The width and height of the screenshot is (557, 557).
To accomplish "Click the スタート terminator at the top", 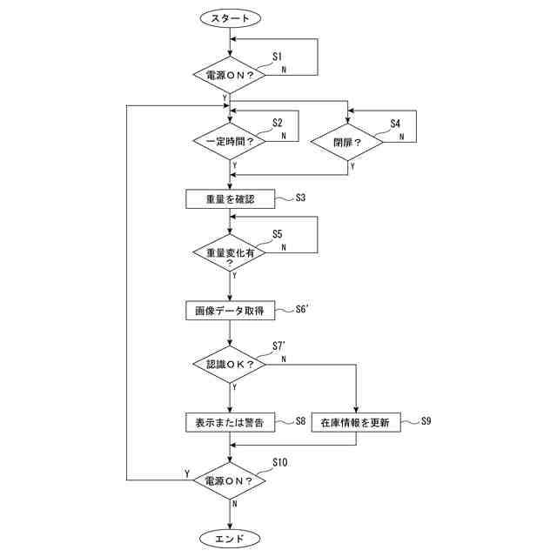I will (230, 17).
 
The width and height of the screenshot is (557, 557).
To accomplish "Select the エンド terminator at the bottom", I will (230, 536).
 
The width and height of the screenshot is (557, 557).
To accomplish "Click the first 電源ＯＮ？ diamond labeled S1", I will (230, 76).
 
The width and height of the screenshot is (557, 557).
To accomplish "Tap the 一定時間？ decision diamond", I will (230, 142).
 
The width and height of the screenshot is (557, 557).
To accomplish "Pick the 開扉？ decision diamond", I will (347, 142).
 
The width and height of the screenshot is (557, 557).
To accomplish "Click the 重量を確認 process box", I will (230, 198).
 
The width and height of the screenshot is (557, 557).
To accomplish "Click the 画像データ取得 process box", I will (230, 310).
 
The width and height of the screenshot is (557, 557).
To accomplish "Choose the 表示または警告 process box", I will (230, 423).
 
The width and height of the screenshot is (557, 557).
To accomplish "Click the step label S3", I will (300, 198).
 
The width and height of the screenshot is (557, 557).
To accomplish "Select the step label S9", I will (426, 421).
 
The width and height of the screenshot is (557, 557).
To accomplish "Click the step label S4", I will (395, 124).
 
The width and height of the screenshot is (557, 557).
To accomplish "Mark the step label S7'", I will (279, 346).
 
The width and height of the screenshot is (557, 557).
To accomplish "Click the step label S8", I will (300, 421).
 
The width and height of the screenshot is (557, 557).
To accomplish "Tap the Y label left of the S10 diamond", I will (187, 473).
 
